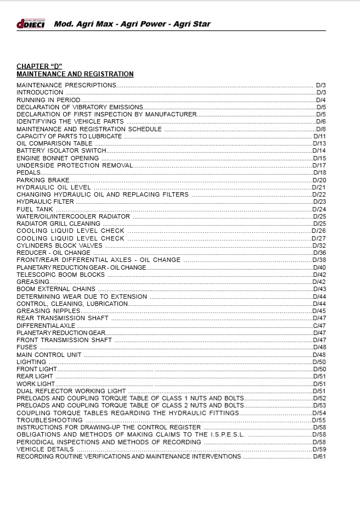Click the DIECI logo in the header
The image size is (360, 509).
(30, 24)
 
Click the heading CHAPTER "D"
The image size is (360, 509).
(40, 66)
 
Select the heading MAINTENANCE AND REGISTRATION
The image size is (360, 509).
(75, 74)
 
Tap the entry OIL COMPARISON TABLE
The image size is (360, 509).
(54, 143)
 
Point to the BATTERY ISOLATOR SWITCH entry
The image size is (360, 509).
(61, 150)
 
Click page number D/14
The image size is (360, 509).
(319, 150)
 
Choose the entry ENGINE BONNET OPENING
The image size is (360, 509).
(58, 158)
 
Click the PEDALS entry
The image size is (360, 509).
(29, 172)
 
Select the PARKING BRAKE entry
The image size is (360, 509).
(43, 180)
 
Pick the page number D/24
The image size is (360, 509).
(319, 209)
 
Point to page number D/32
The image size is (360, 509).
(319, 245)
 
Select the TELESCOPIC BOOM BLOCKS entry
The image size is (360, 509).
(60, 275)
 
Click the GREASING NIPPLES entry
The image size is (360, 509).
(48, 311)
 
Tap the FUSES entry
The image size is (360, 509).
(27, 347)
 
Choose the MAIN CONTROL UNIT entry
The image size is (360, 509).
(49, 355)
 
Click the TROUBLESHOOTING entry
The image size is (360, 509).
(49, 420)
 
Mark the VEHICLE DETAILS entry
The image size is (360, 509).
(46, 449)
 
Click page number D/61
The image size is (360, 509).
(319, 456)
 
